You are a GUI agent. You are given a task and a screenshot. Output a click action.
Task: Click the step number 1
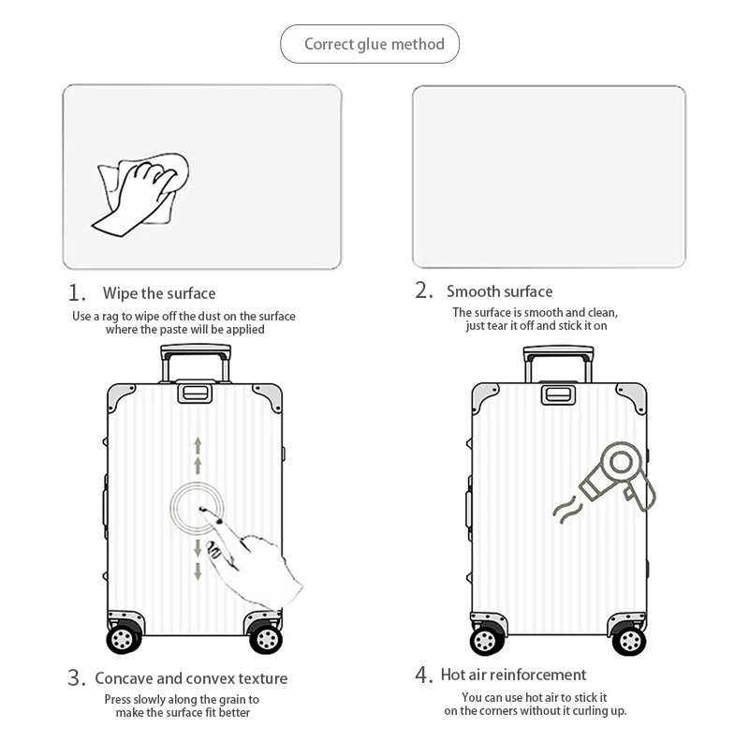point(77,292)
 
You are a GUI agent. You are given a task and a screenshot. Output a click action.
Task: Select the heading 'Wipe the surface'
point(158,293)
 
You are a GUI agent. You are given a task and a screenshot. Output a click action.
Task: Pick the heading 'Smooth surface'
point(499,291)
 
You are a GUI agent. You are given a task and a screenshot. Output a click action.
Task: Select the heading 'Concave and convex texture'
point(191,678)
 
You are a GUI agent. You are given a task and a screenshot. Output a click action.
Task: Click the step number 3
point(77,678)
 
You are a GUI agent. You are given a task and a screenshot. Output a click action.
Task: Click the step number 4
point(424,675)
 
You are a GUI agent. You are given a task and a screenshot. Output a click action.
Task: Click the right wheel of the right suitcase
point(629,640)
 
